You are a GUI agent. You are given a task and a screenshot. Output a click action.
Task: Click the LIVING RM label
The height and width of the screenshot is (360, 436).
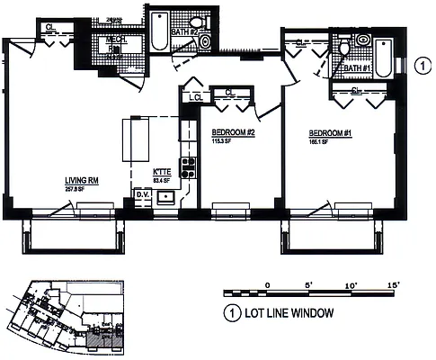(x=81, y=180)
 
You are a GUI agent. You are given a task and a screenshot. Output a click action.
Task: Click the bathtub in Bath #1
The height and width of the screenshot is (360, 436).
(x=383, y=58)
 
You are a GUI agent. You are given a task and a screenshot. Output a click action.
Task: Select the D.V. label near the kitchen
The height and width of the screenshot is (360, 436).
(x=141, y=193)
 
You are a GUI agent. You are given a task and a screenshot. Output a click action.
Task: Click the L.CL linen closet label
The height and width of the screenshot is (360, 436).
(x=193, y=97)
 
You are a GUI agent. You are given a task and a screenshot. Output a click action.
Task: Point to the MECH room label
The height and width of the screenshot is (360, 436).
(x=117, y=40)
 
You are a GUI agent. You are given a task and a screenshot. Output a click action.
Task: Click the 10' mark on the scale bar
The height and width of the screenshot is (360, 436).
(x=351, y=284)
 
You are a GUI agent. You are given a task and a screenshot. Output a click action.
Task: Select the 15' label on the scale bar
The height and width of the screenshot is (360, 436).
(x=393, y=284)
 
